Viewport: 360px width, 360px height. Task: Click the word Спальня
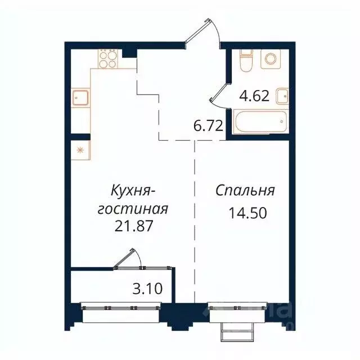245,191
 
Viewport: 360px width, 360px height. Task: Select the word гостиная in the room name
133,209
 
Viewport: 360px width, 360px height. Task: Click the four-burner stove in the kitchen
108,58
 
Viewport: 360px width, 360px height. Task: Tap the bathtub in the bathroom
259,121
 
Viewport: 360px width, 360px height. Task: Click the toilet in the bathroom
245,60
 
